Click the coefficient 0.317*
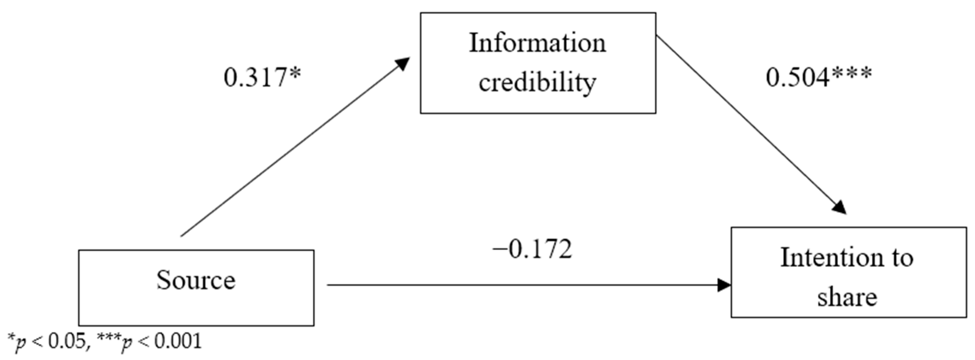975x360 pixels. tap(262, 78)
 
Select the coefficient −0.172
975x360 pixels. tap(532, 250)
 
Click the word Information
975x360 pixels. tap(537, 43)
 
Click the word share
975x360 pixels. tap(847, 297)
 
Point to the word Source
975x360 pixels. tap(196, 281)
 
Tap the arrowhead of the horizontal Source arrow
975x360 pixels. tap(724, 285)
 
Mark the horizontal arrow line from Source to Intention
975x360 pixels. tap(522, 285)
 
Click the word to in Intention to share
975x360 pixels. tap(903, 258)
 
